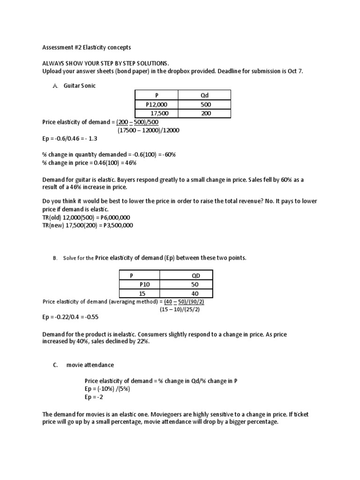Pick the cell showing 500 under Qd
point(205,105)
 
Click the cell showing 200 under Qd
point(205,113)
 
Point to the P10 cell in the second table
point(143,284)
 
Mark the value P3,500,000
point(117,225)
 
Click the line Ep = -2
point(94,397)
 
